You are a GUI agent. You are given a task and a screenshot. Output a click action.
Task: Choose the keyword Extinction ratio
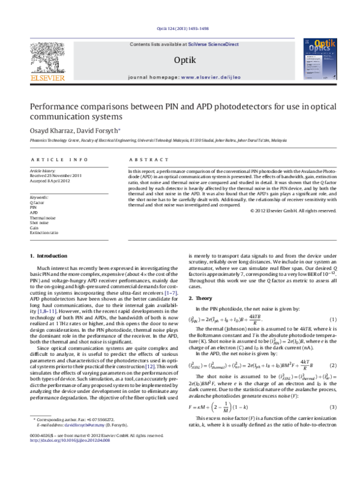(x=44, y=232)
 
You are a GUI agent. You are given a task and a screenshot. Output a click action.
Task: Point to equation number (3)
(x=334, y=407)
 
